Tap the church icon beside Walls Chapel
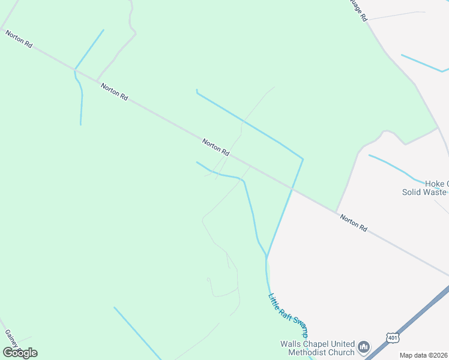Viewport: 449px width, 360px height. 363,347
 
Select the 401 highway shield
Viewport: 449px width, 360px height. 393,338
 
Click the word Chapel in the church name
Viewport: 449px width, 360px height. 318,344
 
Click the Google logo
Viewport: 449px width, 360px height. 20,352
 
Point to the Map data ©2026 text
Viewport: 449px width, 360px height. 423,355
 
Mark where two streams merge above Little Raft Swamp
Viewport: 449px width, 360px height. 266,257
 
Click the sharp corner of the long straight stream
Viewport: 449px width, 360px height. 303,159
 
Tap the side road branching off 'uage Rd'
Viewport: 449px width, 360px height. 396,15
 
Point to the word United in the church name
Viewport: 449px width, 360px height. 344,344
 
